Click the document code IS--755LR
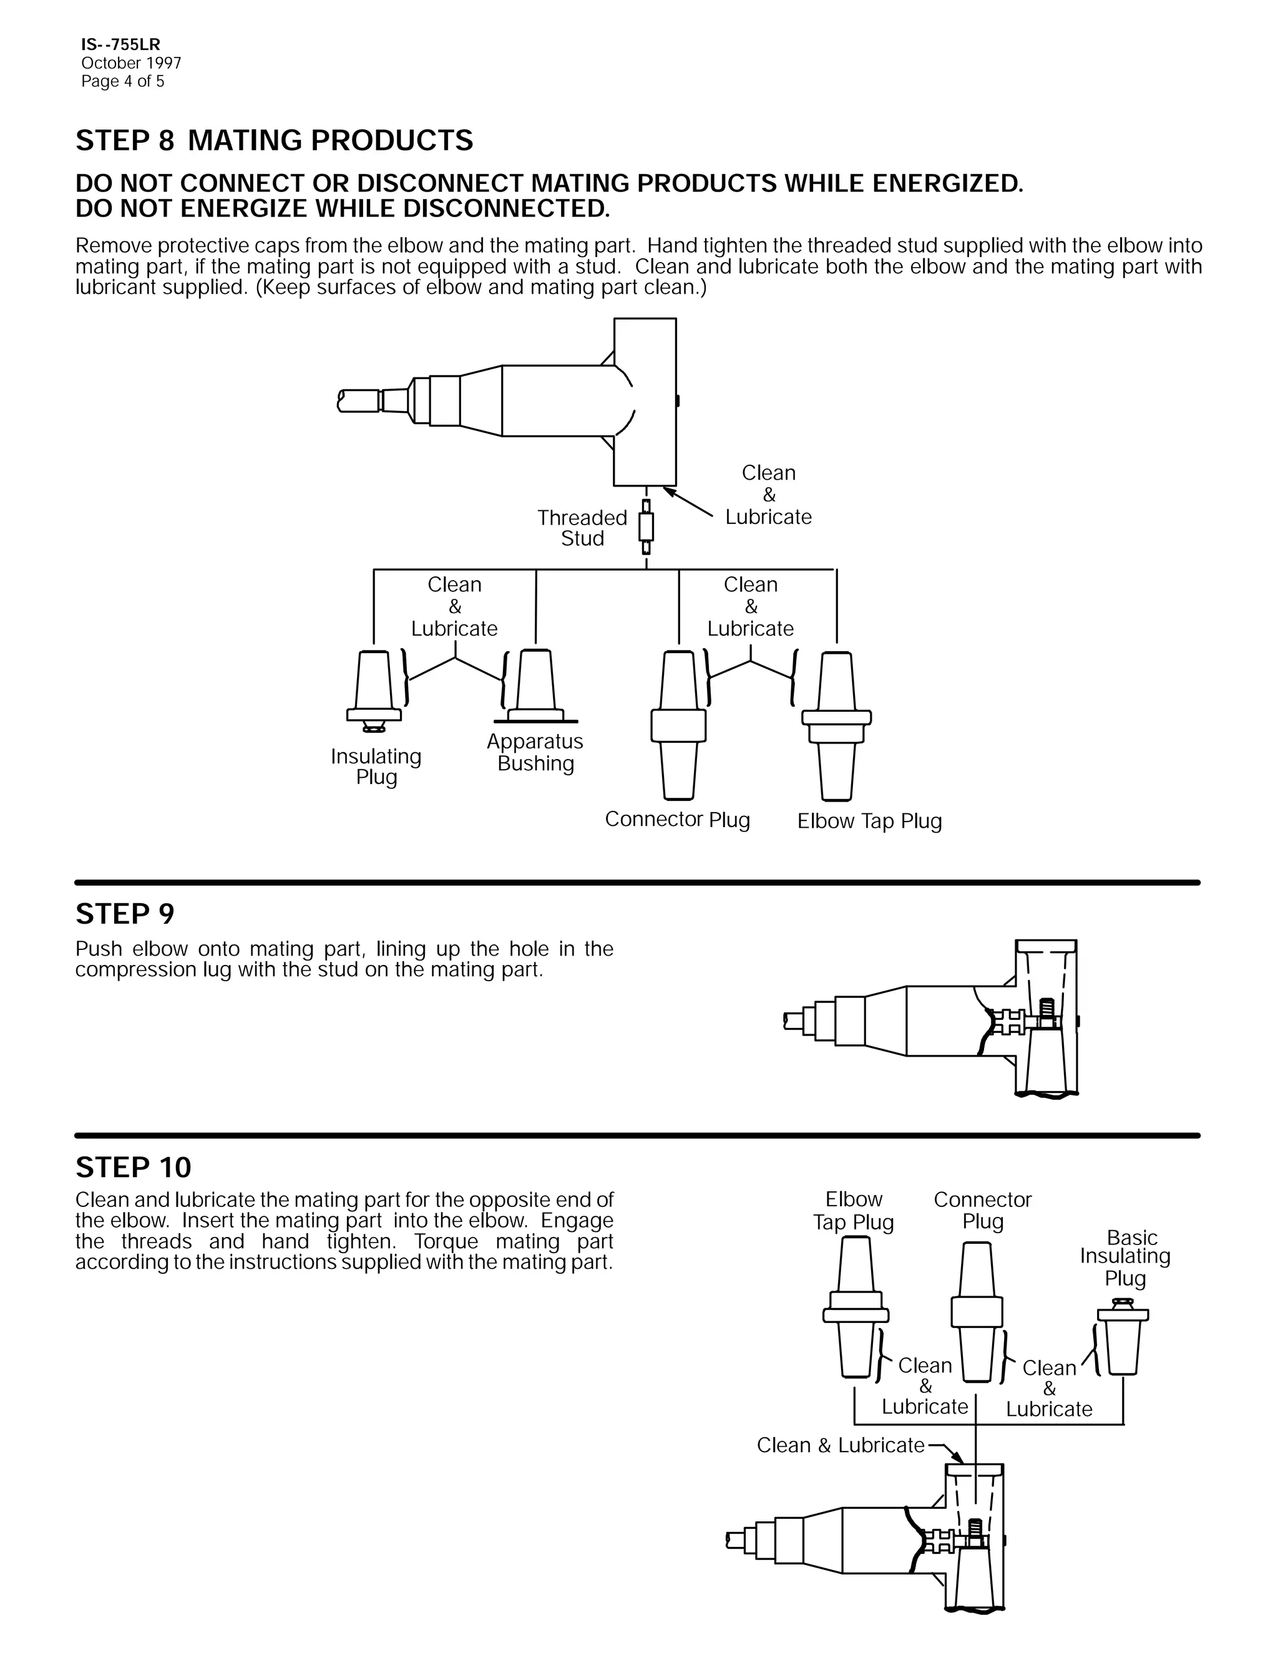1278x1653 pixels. [x=120, y=46]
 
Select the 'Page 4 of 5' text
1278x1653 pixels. [x=123, y=82]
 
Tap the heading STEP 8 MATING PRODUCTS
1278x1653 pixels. [x=274, y=141]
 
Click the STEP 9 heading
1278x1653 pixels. [x=125, y=914]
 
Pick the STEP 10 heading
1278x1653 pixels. [x=134, y=1168]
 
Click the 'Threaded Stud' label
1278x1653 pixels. [x=582, y=528]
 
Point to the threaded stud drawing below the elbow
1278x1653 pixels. [x=646, y=526]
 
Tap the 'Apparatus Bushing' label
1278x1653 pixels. [x=535, y=752]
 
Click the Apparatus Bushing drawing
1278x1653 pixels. [x=535, y=685]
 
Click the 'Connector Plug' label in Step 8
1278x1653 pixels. [x=677, y=820]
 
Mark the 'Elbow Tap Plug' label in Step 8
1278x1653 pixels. [x=869, y=822]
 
